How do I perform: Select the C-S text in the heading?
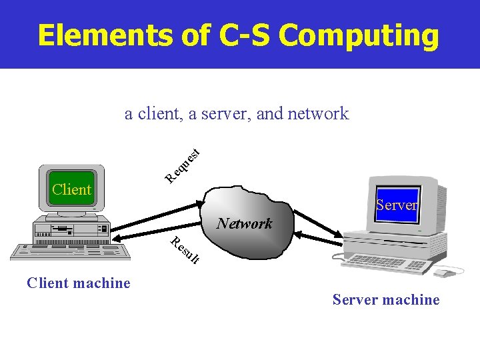(246, 35)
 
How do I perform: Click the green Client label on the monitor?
(71, 189)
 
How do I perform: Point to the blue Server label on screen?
(396, 205)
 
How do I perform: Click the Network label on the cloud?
(245, 223)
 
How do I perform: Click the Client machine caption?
(79, 283)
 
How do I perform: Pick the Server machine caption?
(386, 300)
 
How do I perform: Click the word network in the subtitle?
(318, 113)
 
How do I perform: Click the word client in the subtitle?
(158, 113)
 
